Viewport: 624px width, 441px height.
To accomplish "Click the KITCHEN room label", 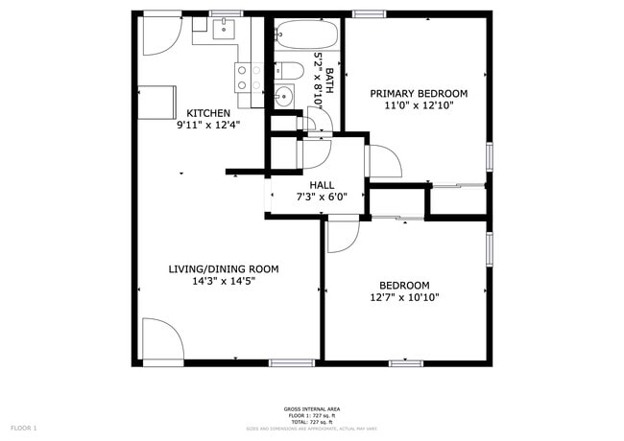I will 207,112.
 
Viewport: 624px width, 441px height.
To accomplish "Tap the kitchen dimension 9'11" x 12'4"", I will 207,125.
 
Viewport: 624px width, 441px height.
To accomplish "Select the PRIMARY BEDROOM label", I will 419,93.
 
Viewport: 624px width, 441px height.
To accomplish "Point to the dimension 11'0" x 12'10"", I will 419,106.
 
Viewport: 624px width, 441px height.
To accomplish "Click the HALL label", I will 322,185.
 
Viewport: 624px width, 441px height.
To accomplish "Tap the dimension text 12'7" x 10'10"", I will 403,297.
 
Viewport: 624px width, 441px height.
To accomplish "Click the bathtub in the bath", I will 306,36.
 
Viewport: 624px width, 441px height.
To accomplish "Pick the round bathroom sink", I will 284,96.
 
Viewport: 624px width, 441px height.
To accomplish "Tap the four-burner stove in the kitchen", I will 250,78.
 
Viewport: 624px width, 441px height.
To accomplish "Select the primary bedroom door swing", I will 384,161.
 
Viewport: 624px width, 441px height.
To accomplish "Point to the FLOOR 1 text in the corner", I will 23,428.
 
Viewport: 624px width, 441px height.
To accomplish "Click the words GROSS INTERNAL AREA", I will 309,408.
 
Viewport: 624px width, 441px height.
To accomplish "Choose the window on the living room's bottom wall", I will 292,362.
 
